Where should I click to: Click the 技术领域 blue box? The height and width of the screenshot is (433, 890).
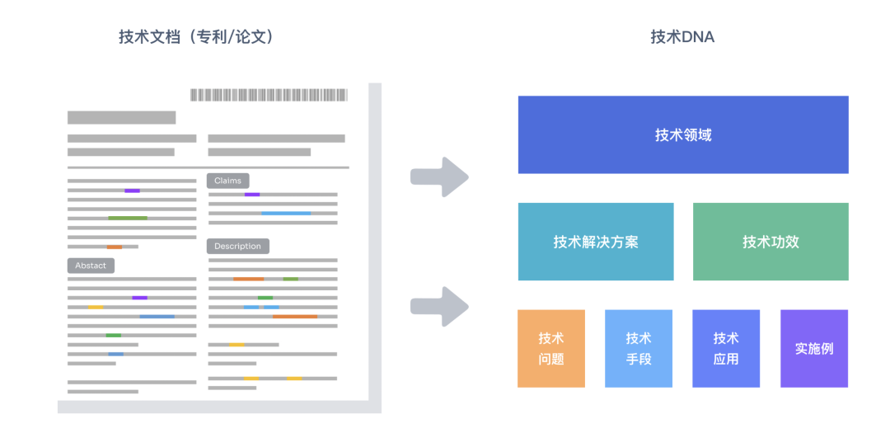[x=683, y=134]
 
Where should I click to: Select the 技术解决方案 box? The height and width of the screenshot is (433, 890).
[x=596, y=242]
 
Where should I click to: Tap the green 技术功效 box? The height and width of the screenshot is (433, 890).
[x=771, y=242]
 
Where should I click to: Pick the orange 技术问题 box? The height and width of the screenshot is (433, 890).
[x=551, y=348]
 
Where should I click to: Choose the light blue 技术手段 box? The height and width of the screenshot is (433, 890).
[x=639, y=348]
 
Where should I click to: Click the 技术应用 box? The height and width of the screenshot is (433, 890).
[x=726, y=348]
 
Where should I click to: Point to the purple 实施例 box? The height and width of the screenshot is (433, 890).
[x=814, y=348]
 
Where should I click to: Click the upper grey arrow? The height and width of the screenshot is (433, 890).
[x=439, y=176]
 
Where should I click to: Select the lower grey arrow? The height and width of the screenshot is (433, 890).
[x=439, y=307]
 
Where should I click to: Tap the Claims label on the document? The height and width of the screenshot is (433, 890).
[x=228, y=181]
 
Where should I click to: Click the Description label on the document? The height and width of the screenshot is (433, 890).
[x=237, y=246]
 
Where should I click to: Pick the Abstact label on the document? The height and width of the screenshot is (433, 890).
[x=91, y=266]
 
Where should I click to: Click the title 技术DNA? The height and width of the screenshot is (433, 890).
[x=682, y=37]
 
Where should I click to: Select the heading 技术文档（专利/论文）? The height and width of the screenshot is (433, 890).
[x=196, y=37]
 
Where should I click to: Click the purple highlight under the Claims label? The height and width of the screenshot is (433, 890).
[x=252, y=195]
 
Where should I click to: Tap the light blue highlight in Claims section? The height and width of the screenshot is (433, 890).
[x=286, y=213]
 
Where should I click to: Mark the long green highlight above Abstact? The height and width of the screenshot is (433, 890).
[x=128, y=218]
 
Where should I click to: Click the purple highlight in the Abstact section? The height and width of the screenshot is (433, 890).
[x=140, y=298]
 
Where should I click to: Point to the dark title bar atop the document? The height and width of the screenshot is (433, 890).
[x=121, y=117]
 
